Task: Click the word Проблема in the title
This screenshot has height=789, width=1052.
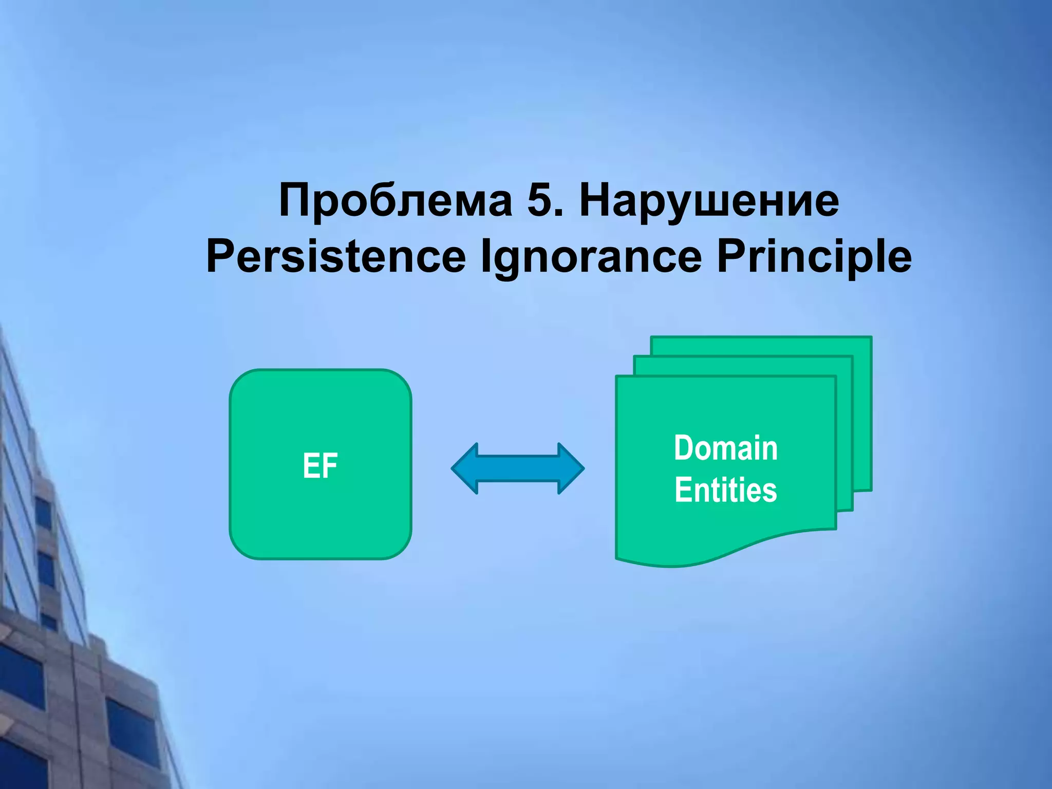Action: click(x=395, y=201)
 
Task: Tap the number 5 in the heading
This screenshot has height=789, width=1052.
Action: click(x=539, y=201)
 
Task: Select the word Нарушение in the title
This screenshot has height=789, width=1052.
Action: click(x=709, y=201)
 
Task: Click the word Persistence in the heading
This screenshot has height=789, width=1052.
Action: click(x=336, y=257)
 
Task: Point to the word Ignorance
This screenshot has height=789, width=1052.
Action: click(x=591, y=257)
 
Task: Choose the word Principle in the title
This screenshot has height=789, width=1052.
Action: click(x=814, y=257)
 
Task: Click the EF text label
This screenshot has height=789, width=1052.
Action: click(x=320, y=466)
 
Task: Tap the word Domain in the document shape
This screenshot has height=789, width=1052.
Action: click(x=725, y=448)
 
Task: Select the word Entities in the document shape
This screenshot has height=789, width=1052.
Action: click(x=725, y=490)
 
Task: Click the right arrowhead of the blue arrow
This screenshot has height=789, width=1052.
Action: click(x=570, y=468)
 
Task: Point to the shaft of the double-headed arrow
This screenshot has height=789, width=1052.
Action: click(x=518, y=468)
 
